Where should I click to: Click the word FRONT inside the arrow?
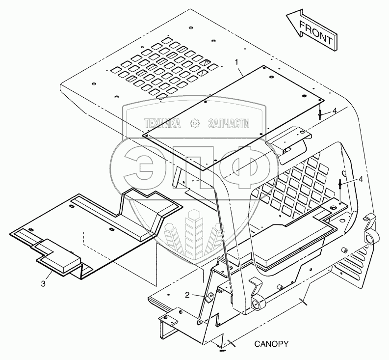click(x=315, y=32)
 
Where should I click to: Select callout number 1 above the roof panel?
click(x=237, y=62)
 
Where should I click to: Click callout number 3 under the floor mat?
click(x=43, y=284)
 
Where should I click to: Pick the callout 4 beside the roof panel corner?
click(x=334, y=111)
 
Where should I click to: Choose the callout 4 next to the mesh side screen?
click(x=361, y=179)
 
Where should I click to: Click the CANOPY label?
click(x=271, y=344)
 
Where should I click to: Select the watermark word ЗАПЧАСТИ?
click(x=229, y=123)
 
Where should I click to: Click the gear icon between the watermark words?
click(x=195, y=123)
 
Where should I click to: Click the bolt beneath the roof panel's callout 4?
click(x=320, y=115)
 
